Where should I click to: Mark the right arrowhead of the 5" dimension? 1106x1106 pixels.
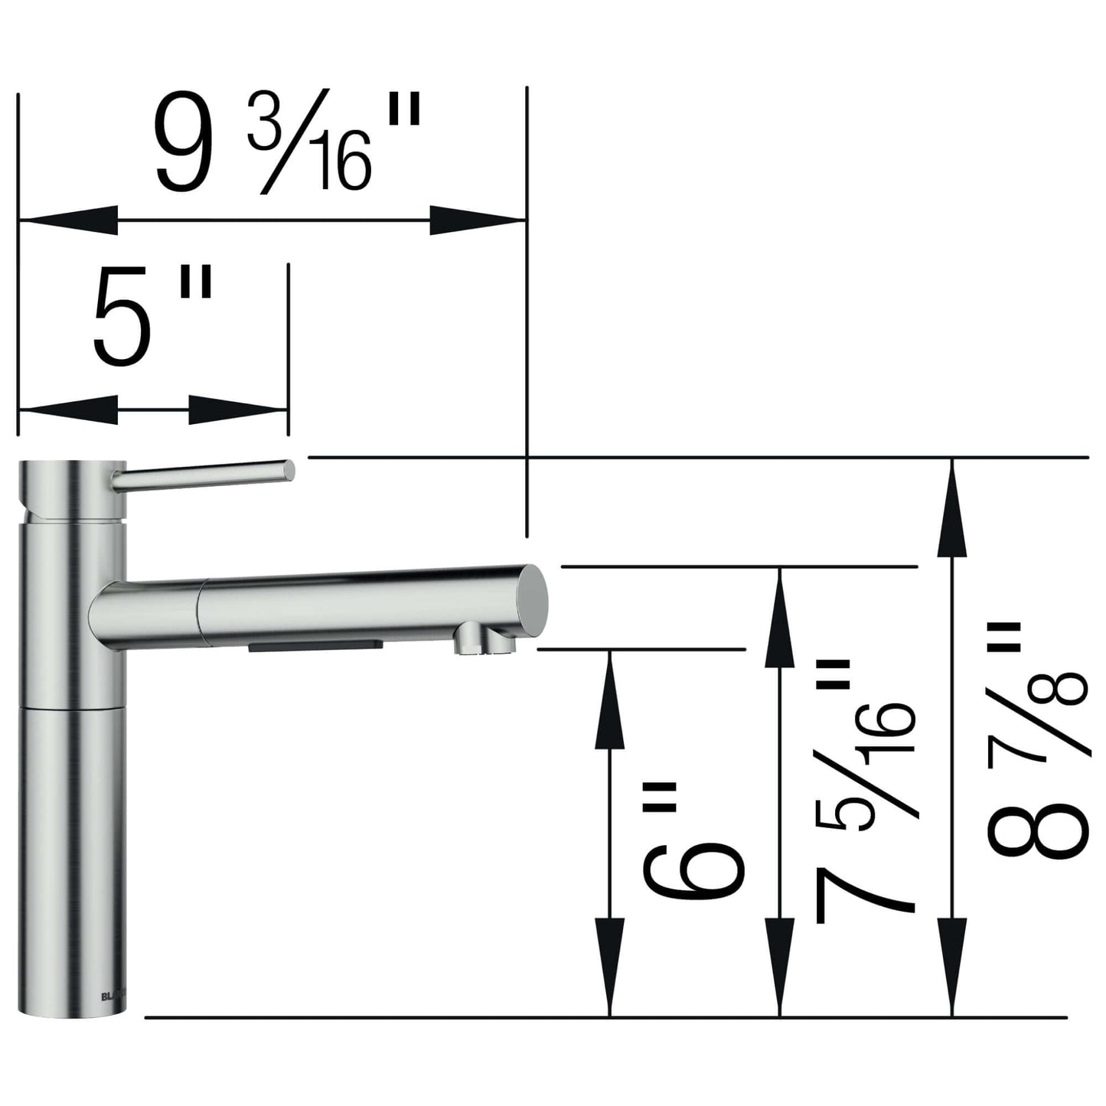click(x=238, y=410)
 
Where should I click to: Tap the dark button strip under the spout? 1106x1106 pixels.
click(x=315, y=647)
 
